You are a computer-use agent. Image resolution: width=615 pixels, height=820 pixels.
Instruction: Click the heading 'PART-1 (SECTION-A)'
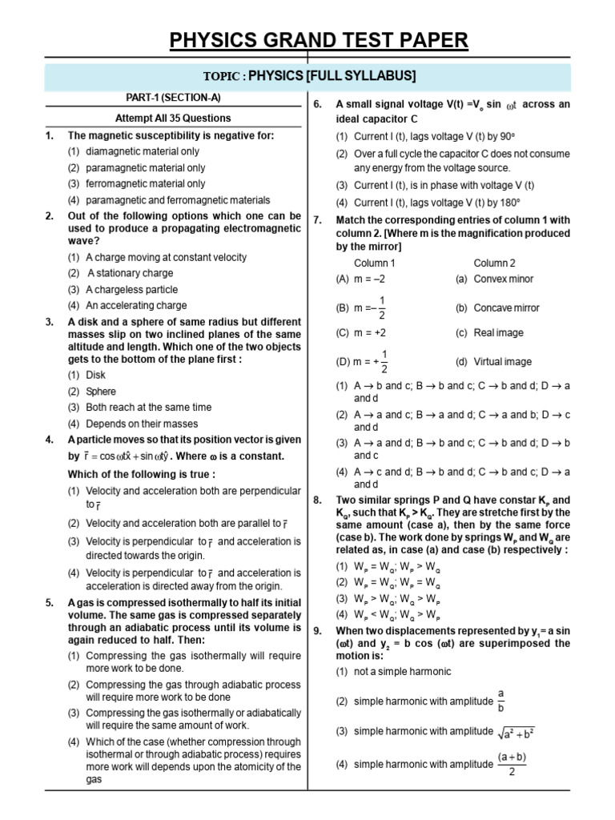coord(173,98)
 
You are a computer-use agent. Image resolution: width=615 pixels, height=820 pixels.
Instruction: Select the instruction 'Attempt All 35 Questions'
coord(173,118)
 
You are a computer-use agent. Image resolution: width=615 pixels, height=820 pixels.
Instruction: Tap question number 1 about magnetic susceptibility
coord(50,136)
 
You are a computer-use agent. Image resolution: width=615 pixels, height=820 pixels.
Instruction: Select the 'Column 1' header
coord(375,263)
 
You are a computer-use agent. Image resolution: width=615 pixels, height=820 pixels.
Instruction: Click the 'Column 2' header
coord(495,263)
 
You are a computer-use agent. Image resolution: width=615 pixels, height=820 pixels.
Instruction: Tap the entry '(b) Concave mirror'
coord(497,307)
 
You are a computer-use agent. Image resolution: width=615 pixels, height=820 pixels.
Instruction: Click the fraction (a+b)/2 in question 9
coord(512,764)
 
